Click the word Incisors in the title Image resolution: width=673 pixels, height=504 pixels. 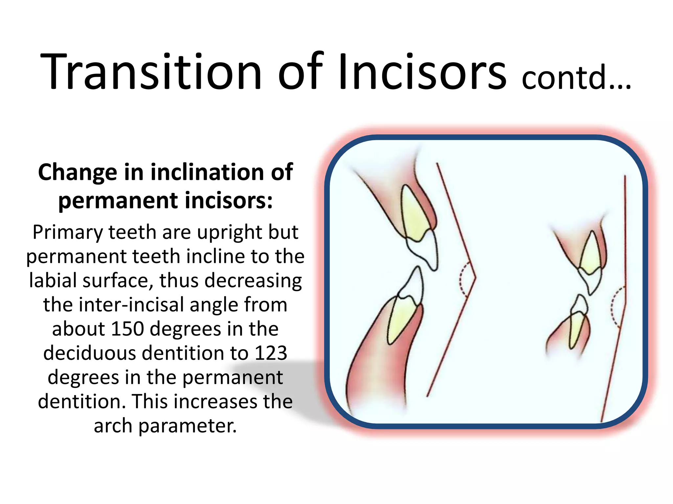pos(422,72)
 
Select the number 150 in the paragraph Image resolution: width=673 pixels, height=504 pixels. pos(128,329)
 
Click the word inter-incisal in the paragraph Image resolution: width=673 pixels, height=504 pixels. pos(133,305)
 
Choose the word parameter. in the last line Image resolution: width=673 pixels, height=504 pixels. pos(187,426)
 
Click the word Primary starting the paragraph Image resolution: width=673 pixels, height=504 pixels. pos(68,232)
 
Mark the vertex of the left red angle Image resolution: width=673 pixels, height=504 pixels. pos(475,278)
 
